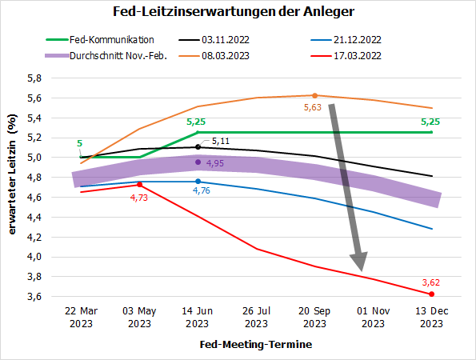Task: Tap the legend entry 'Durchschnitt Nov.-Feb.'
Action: [x=122, y=56]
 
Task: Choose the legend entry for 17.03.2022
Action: [x=358, y=56]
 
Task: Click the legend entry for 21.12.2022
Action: [x=358, y=39]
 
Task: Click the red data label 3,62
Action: [x=430, y=282]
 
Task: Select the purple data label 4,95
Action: [x=216, y=163]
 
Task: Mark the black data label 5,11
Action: [x=221, y=141]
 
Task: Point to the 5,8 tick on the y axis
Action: [x=34, y=78]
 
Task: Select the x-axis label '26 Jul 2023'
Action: [x=256, y=318]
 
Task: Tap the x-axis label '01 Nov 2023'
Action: [x=373, y=318]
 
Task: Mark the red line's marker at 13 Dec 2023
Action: [x=431, y=294]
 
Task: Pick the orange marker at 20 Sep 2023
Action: [x=314, y=95]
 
